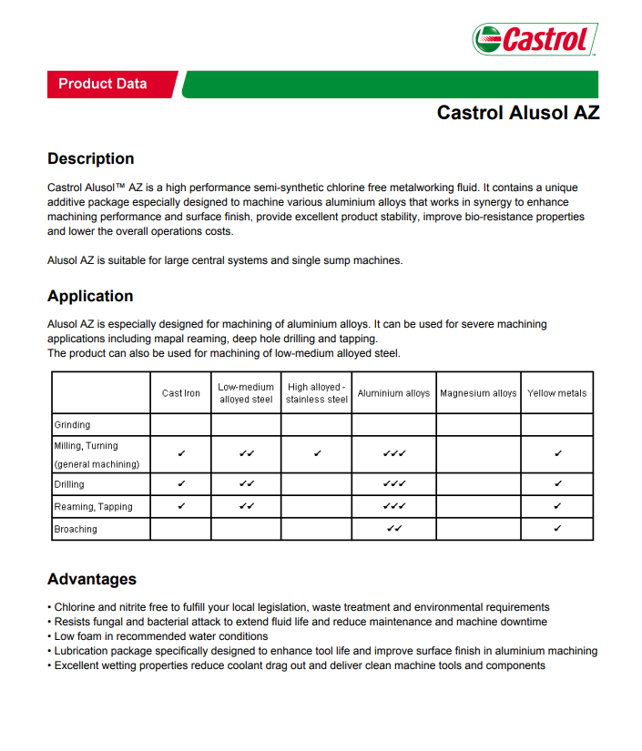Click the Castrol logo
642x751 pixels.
click(x=535, y=39)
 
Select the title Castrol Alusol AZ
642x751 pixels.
click(x=517, y=113)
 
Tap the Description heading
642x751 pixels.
click(x=90, y=158)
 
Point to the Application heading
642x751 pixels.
click(x=90, y=296)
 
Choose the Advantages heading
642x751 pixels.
click(x=92, y=579)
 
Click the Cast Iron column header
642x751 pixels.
click(x=181, y=393)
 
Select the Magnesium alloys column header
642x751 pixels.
click(x=478, y=393)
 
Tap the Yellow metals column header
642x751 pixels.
click(x=556, y=393)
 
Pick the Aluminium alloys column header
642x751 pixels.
click(x=393, y=393)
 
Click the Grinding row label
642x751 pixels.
click(x=73, y=424)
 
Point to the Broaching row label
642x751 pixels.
click(x=76, y=529)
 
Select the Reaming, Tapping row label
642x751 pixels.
click(x=93, y=506)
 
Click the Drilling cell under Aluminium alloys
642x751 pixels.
click(x=393, y=483)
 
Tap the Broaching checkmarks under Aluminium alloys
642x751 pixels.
click(x=393, y=528)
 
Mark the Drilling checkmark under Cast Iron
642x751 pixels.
click(x=181, y=483)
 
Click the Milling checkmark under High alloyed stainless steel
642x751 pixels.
click(x=316, y=452)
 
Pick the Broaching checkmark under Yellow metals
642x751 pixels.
click(x=556, y=528)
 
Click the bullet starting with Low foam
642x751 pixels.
click(x=160, y=636)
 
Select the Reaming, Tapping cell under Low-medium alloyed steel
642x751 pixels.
click(x=246, y=506)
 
